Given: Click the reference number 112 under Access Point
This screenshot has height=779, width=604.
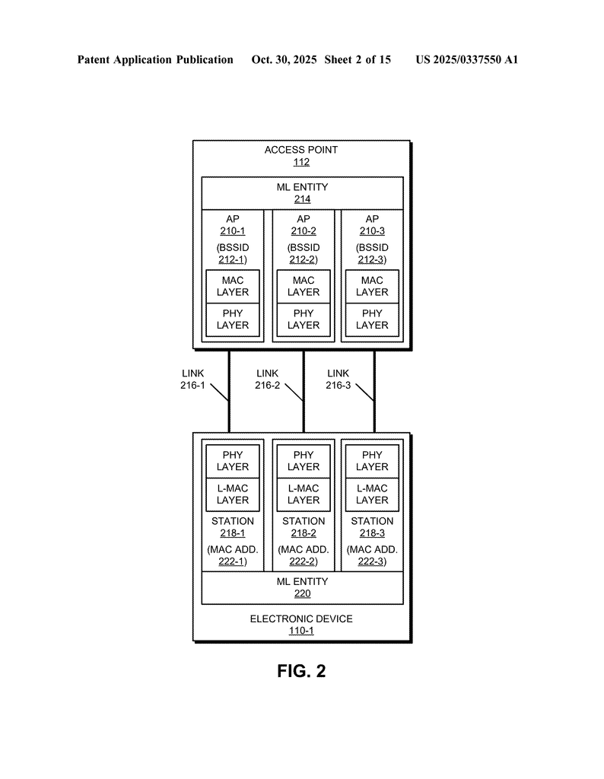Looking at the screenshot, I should click(301, 162).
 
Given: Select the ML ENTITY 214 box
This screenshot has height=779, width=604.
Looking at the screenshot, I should click(302, 193).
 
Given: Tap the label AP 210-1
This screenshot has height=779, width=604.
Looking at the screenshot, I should click(232, 225).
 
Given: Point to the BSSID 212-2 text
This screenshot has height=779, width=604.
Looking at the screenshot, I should click(304, 253).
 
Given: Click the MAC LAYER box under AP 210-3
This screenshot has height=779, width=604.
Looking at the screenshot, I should click(372, 287).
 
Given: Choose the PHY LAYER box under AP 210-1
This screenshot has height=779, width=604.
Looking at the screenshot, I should click(232, 320).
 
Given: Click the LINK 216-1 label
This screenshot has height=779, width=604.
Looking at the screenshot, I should click(192, 380).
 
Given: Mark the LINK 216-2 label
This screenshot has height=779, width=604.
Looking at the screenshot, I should click(267, 380).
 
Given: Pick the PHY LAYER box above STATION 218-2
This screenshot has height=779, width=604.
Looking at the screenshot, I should click(304, 461).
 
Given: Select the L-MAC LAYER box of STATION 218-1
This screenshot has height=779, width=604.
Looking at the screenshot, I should click(232, 494).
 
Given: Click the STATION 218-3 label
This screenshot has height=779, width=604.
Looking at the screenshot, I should click(372, 527).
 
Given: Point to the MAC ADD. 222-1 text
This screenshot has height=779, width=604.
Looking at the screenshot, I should click(232, 555).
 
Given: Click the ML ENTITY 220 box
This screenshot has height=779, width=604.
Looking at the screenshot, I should click(302, 588).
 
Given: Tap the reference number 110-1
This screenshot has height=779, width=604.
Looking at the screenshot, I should click(301, 631).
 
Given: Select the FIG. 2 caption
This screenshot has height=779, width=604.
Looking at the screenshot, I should click(301, 671).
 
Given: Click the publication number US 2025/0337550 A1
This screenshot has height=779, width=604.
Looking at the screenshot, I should click(466, 59).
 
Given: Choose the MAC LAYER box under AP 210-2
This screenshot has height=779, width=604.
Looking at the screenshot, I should click(304, 287).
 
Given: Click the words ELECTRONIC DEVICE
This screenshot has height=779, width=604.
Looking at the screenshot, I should click(301, 619).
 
